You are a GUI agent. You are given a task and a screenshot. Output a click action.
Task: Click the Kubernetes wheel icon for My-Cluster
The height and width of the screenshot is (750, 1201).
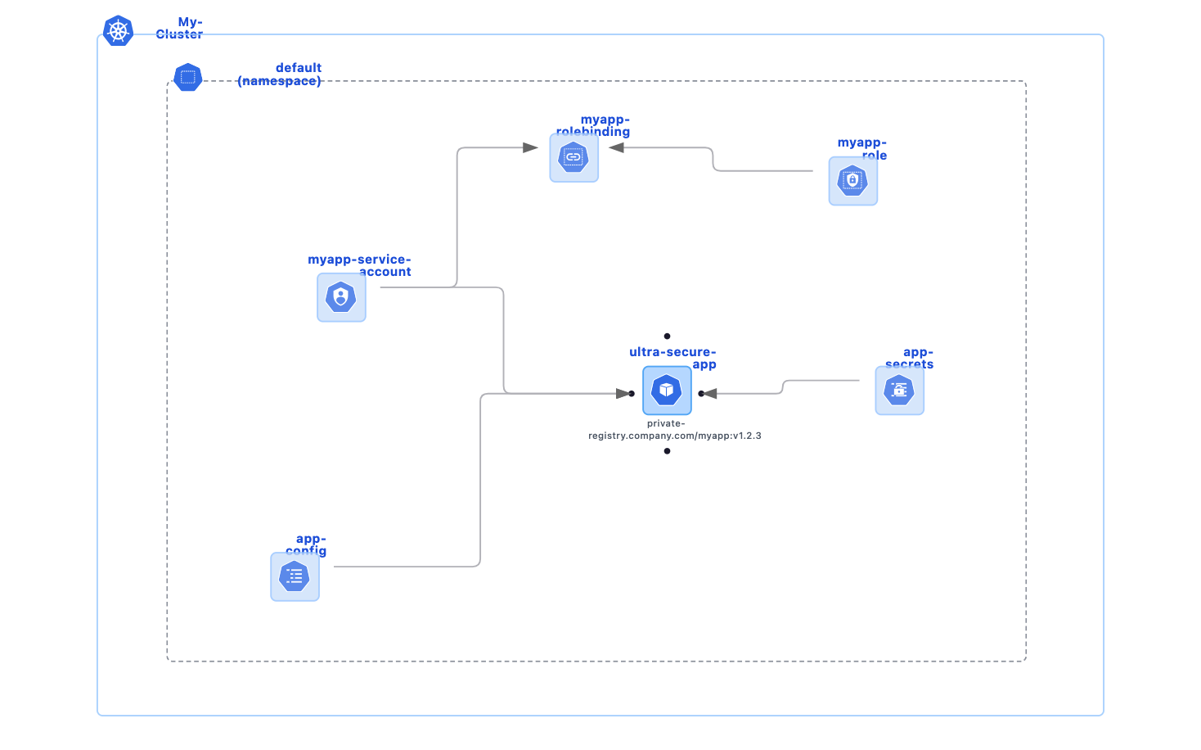119,31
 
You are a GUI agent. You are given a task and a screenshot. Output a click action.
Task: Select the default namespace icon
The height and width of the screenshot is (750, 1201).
188,78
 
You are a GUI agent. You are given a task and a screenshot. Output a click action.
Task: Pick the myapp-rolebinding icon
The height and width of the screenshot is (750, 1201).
574,157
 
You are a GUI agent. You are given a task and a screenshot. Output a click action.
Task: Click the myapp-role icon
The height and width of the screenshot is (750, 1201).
852,180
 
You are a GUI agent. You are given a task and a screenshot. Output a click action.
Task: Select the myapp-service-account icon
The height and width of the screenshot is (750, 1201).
341,297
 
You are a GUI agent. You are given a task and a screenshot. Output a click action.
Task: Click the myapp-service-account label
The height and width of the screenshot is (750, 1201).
359,265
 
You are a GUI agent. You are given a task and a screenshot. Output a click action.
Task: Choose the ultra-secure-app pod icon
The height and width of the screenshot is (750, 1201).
667,391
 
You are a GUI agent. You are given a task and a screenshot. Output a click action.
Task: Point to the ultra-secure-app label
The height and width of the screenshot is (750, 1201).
672,358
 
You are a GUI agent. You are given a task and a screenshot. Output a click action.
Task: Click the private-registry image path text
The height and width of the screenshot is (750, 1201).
674,430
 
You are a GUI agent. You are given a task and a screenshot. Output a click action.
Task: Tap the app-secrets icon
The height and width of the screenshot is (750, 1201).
899,391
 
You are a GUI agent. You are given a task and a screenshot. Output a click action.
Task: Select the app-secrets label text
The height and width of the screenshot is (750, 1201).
910,358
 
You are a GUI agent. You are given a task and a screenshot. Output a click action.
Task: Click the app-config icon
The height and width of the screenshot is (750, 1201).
295,576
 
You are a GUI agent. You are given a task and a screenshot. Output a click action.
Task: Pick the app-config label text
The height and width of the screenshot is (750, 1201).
307,544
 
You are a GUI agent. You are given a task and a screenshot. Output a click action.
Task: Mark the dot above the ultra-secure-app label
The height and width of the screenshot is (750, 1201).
668,336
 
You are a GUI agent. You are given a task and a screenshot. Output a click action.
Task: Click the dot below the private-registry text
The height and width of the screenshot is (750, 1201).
668,451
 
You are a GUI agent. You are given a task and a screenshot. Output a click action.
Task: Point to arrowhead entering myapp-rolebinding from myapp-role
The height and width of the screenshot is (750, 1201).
617,148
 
